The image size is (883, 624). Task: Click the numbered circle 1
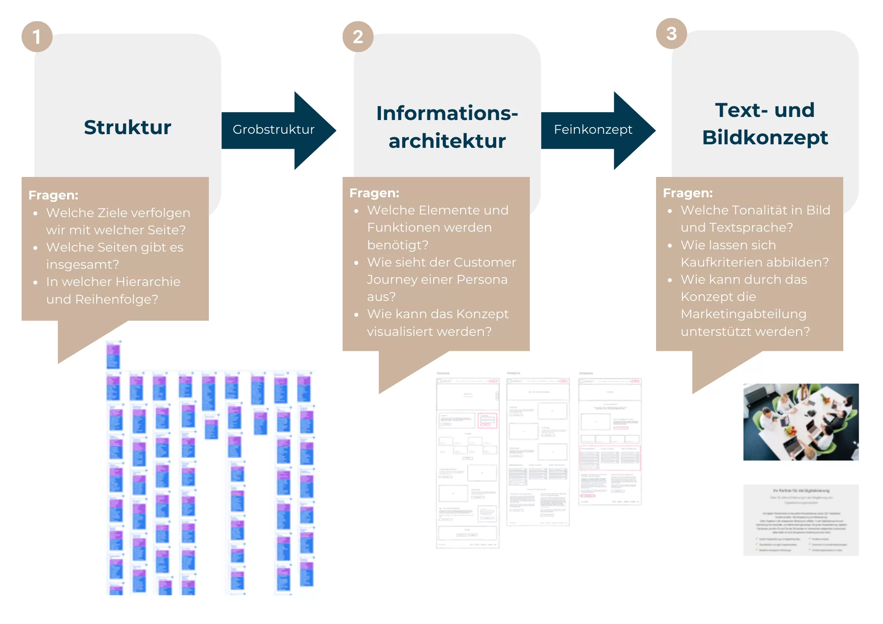(37, 37)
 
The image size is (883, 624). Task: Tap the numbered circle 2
(358, 37)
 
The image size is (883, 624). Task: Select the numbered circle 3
(671, 34)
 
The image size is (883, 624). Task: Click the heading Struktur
(128, 128)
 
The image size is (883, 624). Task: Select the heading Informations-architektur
(447, 127)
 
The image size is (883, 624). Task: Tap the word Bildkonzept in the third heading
(765, 138)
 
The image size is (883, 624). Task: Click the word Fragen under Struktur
(53, 195)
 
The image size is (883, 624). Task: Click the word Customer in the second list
(485, 262)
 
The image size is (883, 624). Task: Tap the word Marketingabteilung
(743, 314)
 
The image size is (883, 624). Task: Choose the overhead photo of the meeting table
(801, 422)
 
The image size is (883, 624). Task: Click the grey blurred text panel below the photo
(801, 520)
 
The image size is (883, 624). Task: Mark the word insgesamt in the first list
(82, 264)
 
